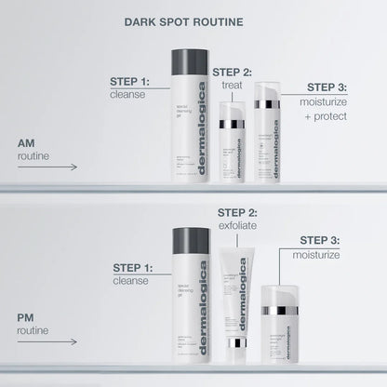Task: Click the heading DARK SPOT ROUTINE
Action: (x=193, y=18)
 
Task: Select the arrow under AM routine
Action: (x=47, y=168)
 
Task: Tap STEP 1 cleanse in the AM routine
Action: (x=131, y=88)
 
